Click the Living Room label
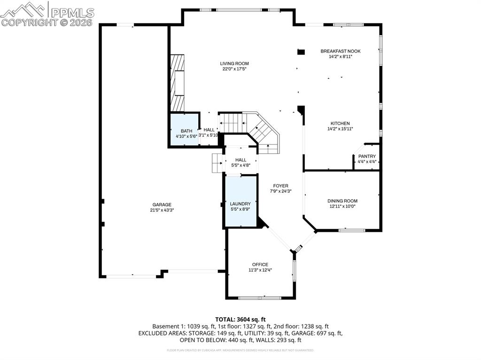(x=234, y=63)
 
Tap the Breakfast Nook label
(x=341, y=51)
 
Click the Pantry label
(x=367, y=156)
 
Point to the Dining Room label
(x=342, y=201)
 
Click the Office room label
(x=260, y=264)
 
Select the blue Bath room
(x=184, y=130)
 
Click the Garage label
(x=162, y=204)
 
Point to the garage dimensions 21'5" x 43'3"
(x=162, y=210)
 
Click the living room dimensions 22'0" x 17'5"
(x=234, y=69)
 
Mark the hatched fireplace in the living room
(x=177, y=82)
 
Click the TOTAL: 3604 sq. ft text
(x=240, y=319)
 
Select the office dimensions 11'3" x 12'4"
(x=260, y=270)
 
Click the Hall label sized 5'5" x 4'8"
(x=240, y=160)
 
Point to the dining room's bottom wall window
(x=352, y=230)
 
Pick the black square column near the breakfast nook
(x=302, y=52)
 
